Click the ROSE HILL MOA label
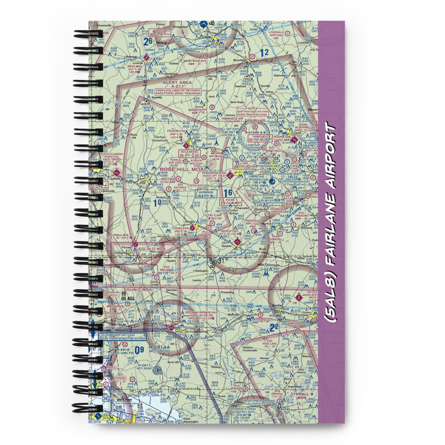182,169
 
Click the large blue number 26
148,41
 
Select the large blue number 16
228,193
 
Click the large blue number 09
139,349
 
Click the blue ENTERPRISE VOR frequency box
206,194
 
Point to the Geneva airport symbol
237,242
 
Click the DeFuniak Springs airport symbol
172,328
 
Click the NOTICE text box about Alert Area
253,112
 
